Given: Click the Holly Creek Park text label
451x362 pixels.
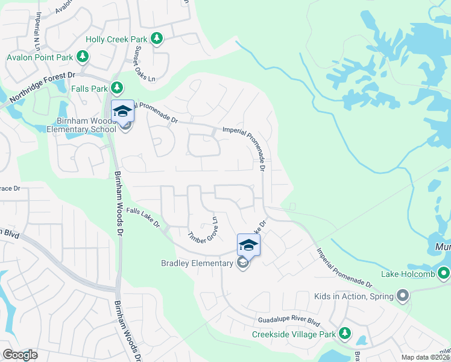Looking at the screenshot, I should (116, 39).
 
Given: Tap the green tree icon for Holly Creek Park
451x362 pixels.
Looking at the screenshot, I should (157, 39).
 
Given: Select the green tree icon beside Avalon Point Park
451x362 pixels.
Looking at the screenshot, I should (83, 57).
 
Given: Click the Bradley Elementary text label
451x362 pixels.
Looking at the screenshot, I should (197, 263).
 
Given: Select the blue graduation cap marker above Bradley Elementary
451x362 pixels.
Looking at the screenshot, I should (248, 244).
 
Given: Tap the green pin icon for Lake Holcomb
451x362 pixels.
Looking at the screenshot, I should (444, 274).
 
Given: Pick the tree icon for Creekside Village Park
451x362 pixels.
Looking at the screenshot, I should (345, 334).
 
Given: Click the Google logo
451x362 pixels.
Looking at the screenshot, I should (20, 355).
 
